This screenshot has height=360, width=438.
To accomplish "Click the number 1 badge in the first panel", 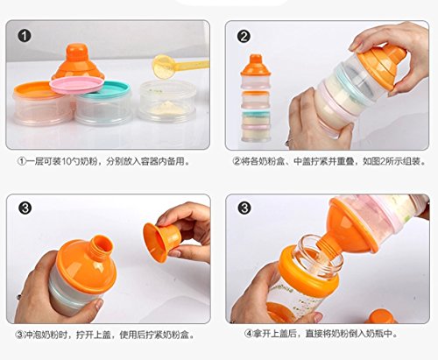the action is (25, 36).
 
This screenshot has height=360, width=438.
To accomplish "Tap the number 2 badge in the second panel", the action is (244, 37).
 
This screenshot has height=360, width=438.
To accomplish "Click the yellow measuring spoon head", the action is (164, 67).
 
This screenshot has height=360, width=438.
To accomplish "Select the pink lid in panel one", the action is (76, 85).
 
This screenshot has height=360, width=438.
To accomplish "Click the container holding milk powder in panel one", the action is (167, 102).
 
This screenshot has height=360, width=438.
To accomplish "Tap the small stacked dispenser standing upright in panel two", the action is (256, 98).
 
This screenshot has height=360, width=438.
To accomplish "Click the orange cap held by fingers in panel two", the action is (383, 67).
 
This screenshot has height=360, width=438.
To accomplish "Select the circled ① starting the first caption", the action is (22, 161).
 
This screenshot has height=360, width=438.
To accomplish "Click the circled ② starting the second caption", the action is (237, 161).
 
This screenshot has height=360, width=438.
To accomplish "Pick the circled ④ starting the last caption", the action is (249, 334).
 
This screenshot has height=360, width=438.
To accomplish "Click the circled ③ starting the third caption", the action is (19, 335).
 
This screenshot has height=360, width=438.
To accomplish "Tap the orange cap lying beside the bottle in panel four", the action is (381, 317).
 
